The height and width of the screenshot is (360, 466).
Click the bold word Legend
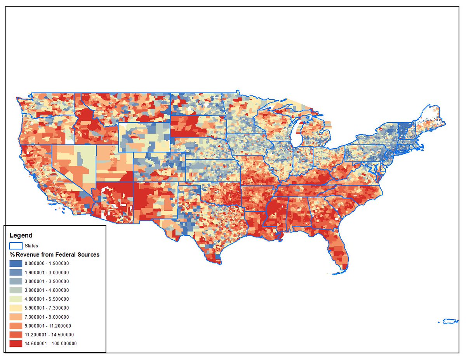click(x=21, y=235)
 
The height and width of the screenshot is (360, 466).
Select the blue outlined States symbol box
click(x=16, y=245)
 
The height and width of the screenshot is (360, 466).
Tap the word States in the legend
click(x=31, y=246)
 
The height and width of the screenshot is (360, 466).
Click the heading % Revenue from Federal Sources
click(x=54, y=255)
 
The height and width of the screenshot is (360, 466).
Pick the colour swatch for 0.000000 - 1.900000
click(x=16, y=263)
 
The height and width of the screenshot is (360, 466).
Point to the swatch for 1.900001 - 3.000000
click(x=16, y=272)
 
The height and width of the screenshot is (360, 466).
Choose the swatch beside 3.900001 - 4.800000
click(x=16, y=290)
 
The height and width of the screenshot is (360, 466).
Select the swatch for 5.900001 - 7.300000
click(x=16, y=308)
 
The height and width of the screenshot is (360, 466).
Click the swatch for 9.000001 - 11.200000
click(x=16, y=326)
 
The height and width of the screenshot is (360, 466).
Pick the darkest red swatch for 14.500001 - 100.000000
click(x=16, y=344)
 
